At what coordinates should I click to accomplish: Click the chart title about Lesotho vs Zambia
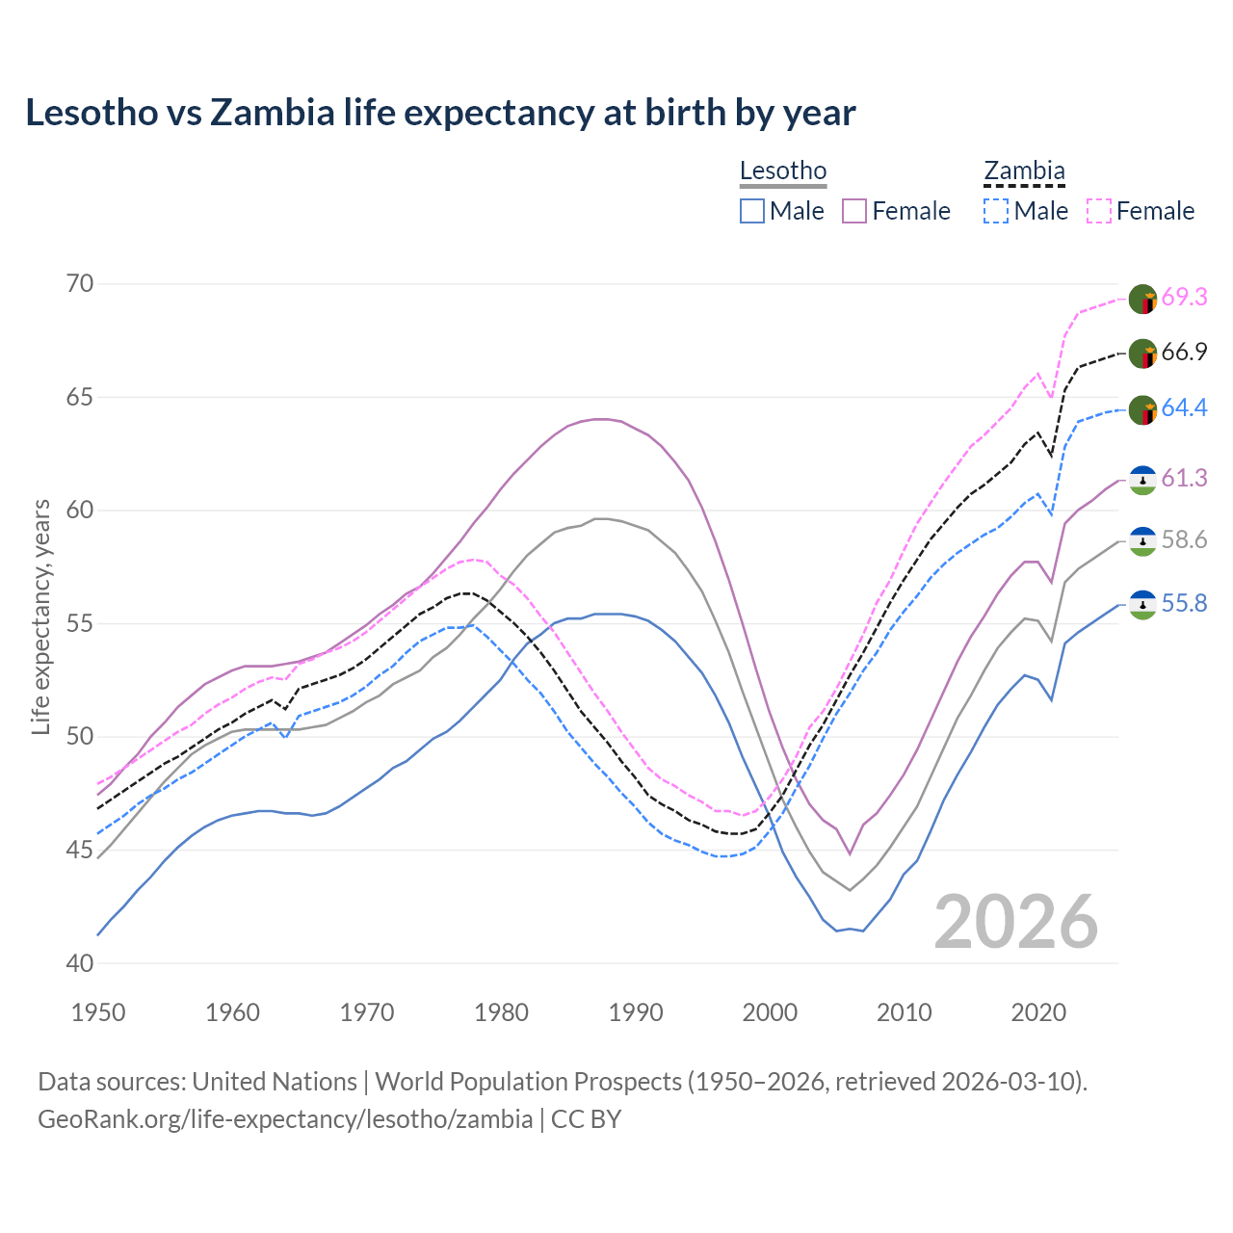point(440,113)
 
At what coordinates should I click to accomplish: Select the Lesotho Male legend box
point(752,211)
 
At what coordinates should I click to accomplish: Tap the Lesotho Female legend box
point(855,211)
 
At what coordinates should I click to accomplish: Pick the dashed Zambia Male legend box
point(996,211)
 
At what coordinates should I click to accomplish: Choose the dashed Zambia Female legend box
point(1099,211)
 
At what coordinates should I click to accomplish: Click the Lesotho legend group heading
point(783,171)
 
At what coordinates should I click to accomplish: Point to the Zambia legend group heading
point(1024,171)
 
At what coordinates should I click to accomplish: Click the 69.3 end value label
point(1184,297)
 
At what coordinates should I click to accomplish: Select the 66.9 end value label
point(1184,353)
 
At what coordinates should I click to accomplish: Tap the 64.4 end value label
point(1184,408)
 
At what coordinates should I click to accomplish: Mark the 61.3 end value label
point(1184,479)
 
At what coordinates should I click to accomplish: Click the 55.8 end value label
point(1184,604)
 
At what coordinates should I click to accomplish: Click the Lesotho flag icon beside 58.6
point(1142,540)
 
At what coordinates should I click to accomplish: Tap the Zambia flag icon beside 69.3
point(1142,299)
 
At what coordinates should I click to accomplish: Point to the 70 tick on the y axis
point(80,283)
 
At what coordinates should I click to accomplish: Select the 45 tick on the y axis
point(80,850)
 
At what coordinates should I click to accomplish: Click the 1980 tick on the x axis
point(501,1012)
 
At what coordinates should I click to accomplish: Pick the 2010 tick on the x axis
point(904,1012)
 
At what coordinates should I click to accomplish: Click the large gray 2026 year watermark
point(1016,922)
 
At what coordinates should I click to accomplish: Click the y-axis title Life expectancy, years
point(41,616)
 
